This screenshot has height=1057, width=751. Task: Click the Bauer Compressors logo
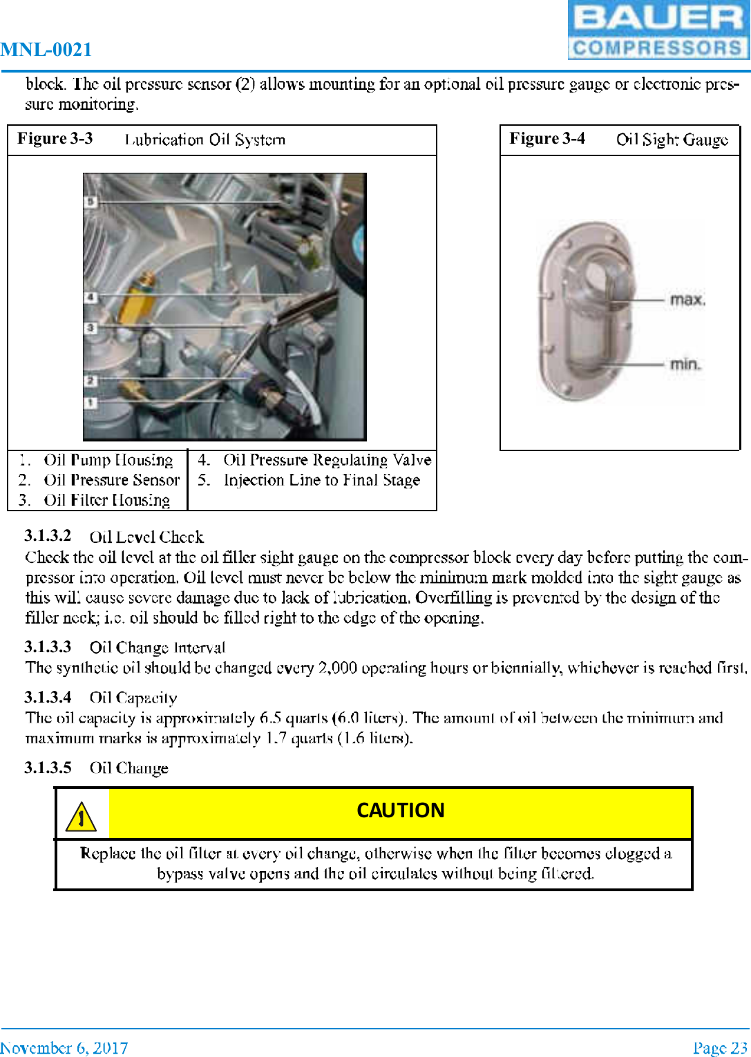click(x=658, y=30)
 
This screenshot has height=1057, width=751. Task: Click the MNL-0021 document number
click(x=46, y=50)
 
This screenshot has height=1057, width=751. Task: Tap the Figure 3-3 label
click(x=55, y=139)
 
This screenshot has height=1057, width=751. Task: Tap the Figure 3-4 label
click(x=547, y=139)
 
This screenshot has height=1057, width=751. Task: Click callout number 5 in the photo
click(x=91, y=202)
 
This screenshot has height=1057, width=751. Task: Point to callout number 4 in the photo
click(x=91, y=297)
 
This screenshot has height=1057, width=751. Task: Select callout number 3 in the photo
click(x=91, y=327)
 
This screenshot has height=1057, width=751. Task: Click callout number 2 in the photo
click(x=91, y=381)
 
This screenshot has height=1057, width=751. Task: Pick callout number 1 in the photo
click(x=91, y=402)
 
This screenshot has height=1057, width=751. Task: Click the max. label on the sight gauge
click(x=687, y=300)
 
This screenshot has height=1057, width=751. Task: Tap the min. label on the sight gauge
click(x=685, y=363)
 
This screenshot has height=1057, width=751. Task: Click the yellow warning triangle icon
click(x=82, y=817)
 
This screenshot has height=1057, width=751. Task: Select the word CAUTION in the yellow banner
click(x=400, y=810)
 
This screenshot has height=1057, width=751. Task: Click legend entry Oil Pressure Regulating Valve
click(x=327, y=460)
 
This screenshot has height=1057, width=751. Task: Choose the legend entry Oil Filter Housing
click(x=106, y=500)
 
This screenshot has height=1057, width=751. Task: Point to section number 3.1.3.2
click(x=48, y=536)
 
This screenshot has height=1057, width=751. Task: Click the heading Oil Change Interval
click(x=157, y=648)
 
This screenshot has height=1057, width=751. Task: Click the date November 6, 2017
click(x=64, y=1048)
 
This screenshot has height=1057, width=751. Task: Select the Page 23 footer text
click(x=719, y=1048)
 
